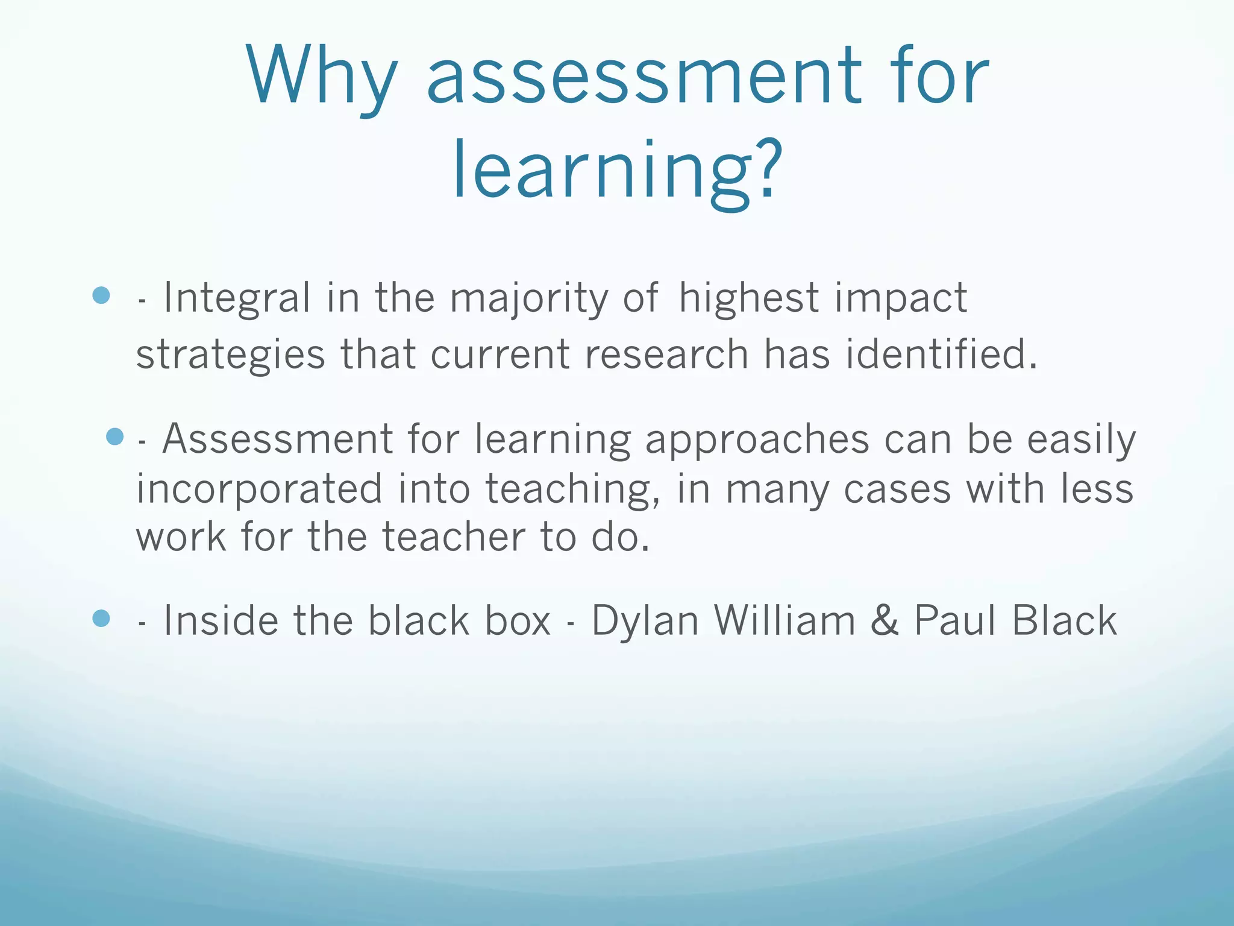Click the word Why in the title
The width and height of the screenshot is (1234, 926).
(322, 77)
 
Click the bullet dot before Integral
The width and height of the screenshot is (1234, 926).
(101, 295)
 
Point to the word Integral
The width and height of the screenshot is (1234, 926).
(237, 298)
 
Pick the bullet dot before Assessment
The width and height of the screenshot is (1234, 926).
(114, 436)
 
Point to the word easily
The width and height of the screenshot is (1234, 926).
(1081, 439)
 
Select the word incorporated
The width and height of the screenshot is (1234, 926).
(259, 488)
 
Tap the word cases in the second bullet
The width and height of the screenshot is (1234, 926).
(897, 488)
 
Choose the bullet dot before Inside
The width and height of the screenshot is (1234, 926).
(101, 618)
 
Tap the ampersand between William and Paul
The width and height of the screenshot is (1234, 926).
(885, 620)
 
